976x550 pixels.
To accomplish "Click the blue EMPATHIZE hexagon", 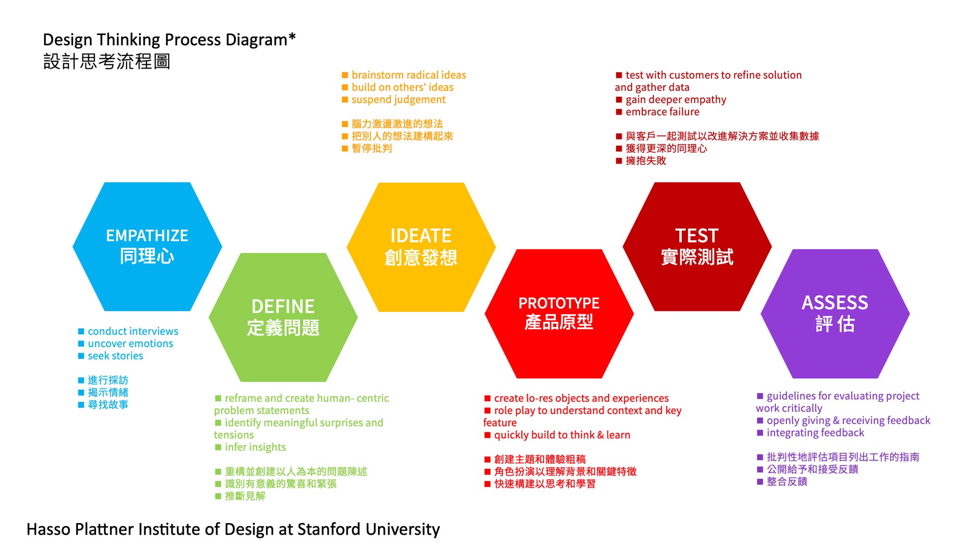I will [x=147, y=246].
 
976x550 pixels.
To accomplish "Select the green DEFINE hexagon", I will [x=283, y=317].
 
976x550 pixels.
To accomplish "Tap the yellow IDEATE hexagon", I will [x=421, y=247].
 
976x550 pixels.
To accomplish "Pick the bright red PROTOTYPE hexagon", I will [x=559, y=313].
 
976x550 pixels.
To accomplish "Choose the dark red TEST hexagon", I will [x=697, y=246].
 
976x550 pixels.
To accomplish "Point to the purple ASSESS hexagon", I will [x=835, y=313].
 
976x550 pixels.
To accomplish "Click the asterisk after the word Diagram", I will [x=292, y=36].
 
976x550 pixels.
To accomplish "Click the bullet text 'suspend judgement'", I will [x=398, y=100].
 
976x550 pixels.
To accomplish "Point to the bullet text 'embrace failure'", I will [x=662, y=112].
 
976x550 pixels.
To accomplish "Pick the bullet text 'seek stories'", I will [x=116, y=356].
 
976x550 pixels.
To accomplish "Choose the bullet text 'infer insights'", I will [x=255, y=447].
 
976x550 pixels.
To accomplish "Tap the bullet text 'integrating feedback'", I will [x=815, y=433].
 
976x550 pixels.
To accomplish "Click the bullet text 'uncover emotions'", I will [x=130, y=344].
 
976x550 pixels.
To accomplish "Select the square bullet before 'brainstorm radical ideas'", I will [x=345, y=75].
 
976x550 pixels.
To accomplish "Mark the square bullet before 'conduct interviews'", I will [x=81, y=331].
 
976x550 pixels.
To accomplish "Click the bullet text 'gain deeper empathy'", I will [x=676, y=100].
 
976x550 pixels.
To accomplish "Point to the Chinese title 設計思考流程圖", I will [x=107, y=62].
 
